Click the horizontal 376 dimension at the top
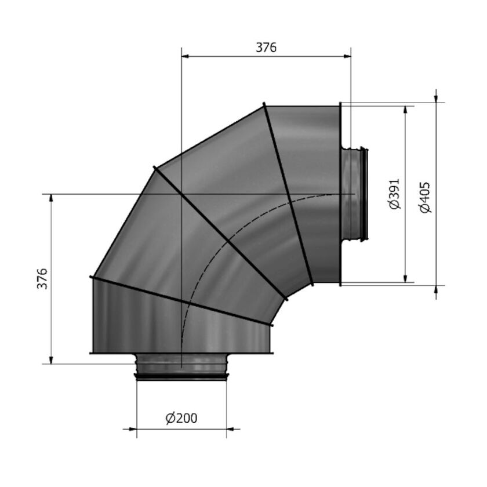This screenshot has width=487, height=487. (x=267, y=48)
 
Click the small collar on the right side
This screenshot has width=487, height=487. (x=355, y=194)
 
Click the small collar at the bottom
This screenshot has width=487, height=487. (x=181, y=367)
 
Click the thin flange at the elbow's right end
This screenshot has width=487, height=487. (x=340, y=194)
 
